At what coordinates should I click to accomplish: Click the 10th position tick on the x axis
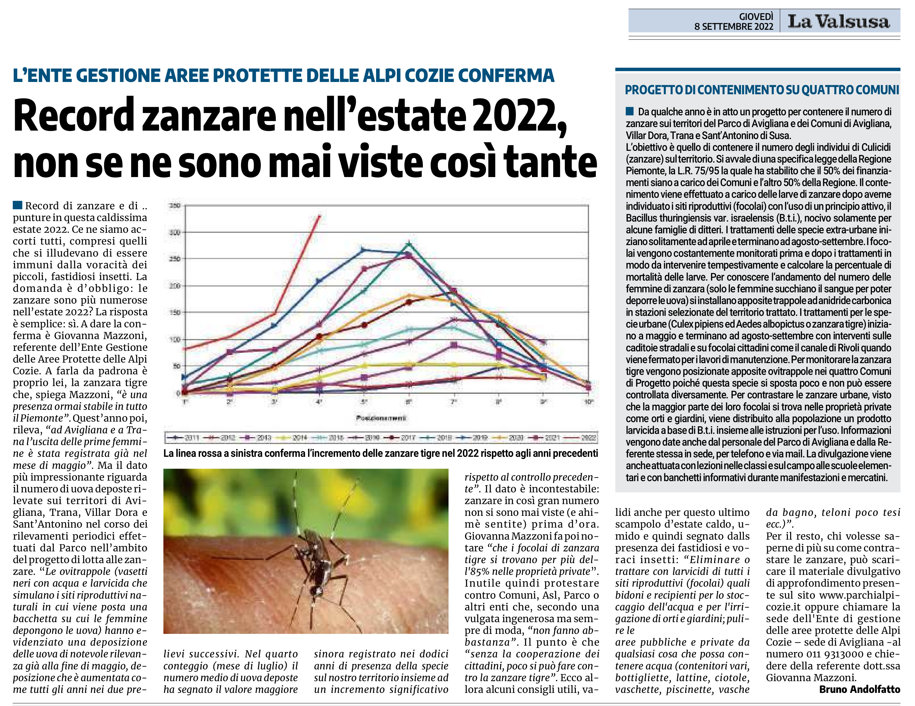(x=589, y=402)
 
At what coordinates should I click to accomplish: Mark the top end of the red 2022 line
(x=320, y=216)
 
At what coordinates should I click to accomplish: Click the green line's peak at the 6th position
(x=409, y=244)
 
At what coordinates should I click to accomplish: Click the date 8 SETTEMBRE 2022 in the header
(x=734, y=27)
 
